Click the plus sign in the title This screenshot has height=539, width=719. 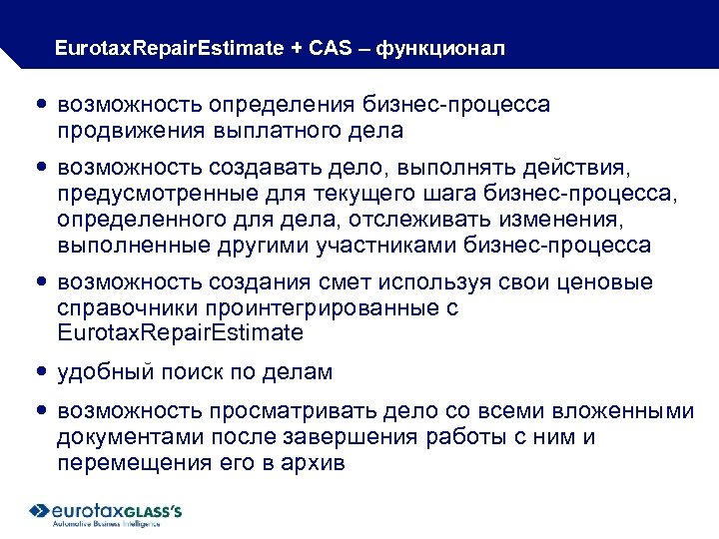pos(298,48)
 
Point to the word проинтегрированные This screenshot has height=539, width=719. pos(322,307)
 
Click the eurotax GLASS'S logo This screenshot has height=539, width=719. pos(106,509)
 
